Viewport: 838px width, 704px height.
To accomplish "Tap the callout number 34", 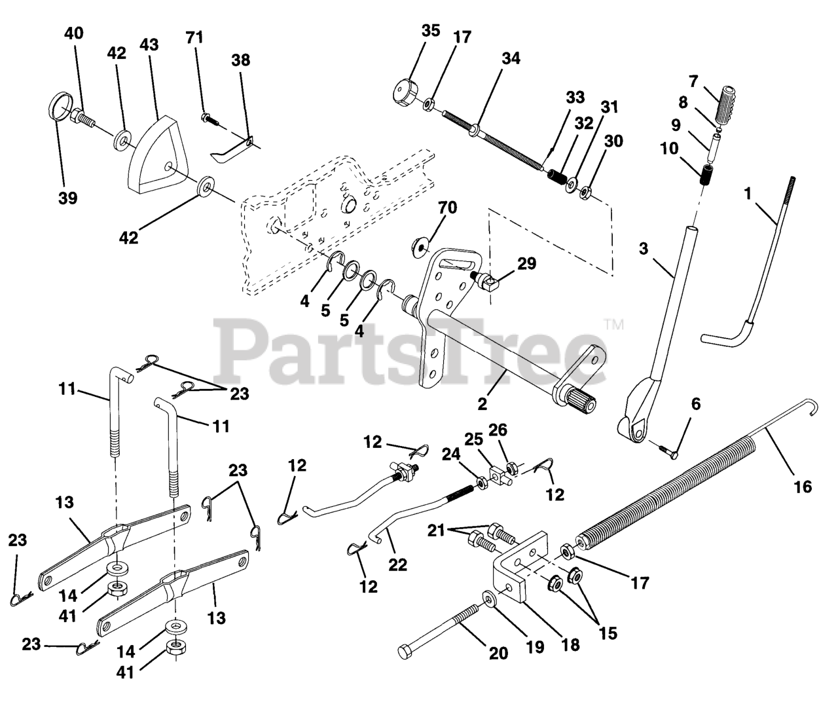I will point(510,58).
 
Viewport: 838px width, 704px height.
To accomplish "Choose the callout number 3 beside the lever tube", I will point(644,250).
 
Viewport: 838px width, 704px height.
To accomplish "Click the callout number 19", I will point(536,648).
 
